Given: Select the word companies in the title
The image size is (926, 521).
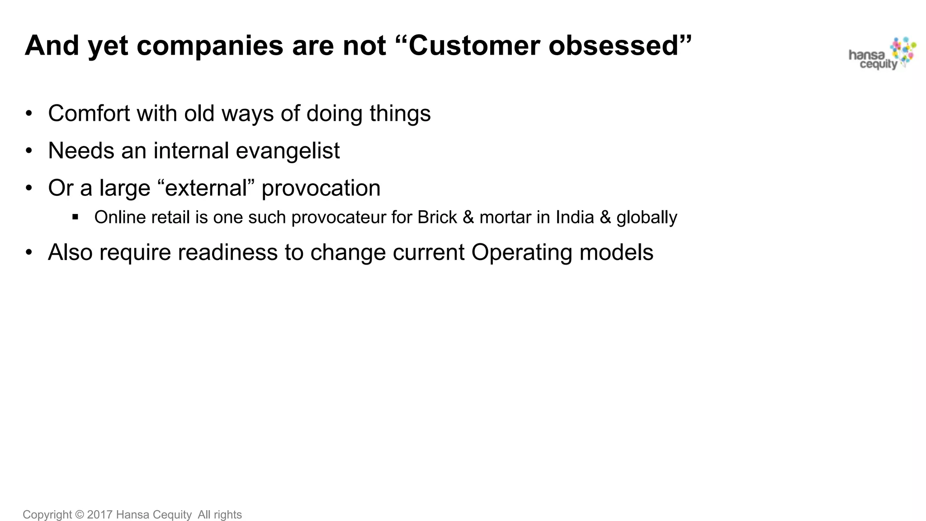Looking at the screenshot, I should [210, 47].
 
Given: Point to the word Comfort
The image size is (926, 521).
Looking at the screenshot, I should [89, 113].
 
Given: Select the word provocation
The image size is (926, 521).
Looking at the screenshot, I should [321, 189].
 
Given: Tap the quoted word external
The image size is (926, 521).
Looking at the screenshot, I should [206, 188].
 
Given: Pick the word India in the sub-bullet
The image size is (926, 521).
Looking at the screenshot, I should [575, 217].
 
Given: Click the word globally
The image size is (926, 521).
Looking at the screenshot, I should [647, 218].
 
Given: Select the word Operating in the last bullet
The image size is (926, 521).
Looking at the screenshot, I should [521, 253].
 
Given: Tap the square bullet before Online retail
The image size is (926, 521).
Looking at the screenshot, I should [76, 217].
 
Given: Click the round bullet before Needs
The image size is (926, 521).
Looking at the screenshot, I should [29, 151].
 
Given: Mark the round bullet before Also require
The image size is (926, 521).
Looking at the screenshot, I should [29, 252].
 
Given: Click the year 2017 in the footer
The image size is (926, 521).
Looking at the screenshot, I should [99, 515].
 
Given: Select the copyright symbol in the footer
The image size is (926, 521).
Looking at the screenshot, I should [80, 515].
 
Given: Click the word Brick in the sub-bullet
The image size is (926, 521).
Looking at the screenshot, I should [437, 218].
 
